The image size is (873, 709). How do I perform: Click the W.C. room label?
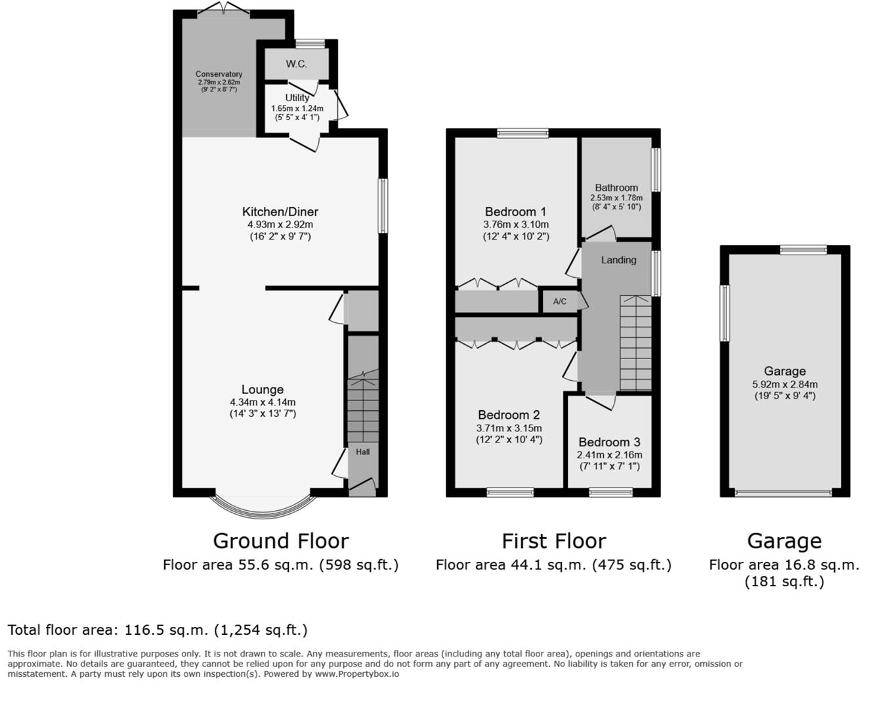tap(296, 64)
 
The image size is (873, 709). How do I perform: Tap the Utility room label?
tap(297, 98)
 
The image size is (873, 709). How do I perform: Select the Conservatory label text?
tap(219, 74)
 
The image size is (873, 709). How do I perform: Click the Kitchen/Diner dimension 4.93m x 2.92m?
tap(280, 225)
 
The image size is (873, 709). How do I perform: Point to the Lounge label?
tap(262, 389)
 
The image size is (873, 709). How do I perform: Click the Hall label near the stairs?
tap(363, 452)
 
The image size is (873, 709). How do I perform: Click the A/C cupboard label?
tap(559, 301)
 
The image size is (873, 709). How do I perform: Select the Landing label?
tap(618, 260)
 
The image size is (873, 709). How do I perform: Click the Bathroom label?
tap(616, 188)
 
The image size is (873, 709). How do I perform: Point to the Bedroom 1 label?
tap(515, 211)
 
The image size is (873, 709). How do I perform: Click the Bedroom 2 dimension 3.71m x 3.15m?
tap(509, 428)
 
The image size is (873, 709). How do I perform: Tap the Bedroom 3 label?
tap(609, 442)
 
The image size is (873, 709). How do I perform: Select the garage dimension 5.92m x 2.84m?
tap(784, 385)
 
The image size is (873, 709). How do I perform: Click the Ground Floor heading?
tap(280, 541)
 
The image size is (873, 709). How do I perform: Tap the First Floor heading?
tap(553, 541)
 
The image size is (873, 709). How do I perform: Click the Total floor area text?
tap(158, 630)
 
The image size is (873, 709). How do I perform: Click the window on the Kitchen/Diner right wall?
tap(383, 205)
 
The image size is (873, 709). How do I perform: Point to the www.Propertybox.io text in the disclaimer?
tap(356, 674)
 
